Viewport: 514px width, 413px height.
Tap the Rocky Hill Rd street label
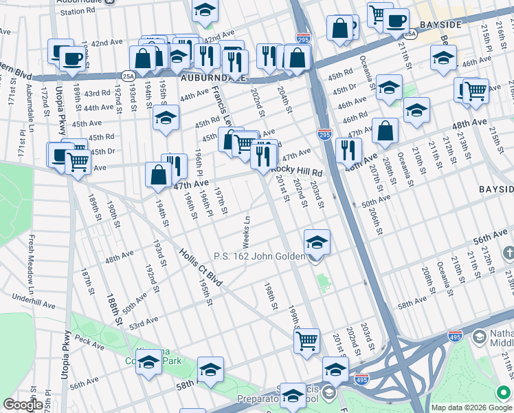click(297, 171)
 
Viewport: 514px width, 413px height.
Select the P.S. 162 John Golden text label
click(259, 256)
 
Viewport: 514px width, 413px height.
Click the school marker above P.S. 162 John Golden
click(317, 243)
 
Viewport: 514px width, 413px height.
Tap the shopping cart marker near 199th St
click(307, 340)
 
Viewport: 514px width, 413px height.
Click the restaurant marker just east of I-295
click(349, 149)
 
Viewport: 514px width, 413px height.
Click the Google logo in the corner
click(23, 405)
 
